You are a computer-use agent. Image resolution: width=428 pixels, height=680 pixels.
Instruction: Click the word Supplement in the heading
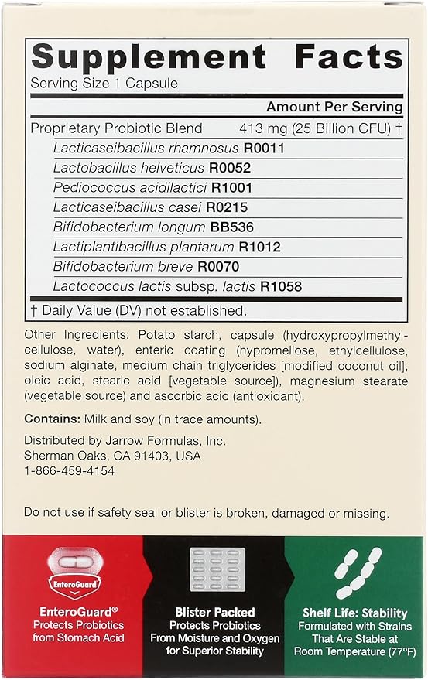[x=148, y=56]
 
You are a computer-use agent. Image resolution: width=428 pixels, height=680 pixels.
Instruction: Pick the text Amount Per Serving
[x=334, y=107]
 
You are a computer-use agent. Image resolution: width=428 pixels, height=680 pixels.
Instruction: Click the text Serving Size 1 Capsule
[x=104, y=83]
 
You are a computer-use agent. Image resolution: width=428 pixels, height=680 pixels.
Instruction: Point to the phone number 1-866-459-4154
[x=70, y=470]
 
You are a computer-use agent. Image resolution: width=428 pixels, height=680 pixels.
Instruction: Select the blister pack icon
[x=214, y=570]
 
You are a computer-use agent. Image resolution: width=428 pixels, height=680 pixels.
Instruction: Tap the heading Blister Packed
[x=214, y=611]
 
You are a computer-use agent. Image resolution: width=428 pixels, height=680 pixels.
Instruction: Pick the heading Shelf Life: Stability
[x=356, y=611]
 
